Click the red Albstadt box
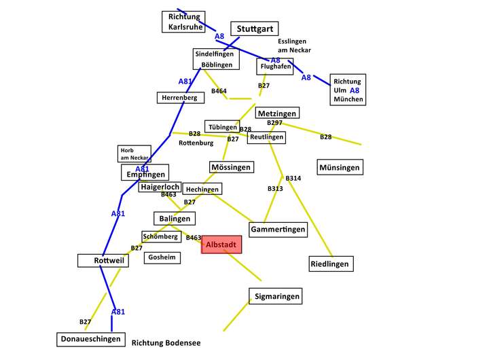pyautogui.click(x=221, y=245)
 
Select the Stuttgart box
pyautogui.click(x=255, y=29)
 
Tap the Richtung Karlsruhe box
pyautogui.click(x=183, y=22)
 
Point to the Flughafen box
pyautogui.click(x=275, y=67)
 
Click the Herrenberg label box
pyautogui.click(x=181, y=98)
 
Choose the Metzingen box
pyautogui.click(x=277, y=113)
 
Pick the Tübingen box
pyautogui.click(x=222, y=126)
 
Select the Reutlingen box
pyautogui.click(x=266, y=137)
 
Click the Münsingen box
pyautogui.click(x=340, y=167)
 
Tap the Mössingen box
pyautogui.click(x=232, y=167)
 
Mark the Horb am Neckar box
pyautogui.click(x=134, y=154)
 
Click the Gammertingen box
pyautogui.click(x=278, y=230)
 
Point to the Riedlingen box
pyautogui.click(x=331, y=264)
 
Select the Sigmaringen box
pyautogui.click(x=276, y=296)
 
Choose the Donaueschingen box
pyautogui.click(x=91, y=340)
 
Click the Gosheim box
pyautogui.click(x=162, y=257)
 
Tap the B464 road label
pyautogui.click(x=219, y=91)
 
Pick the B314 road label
pyautogui.click(x=293, y=178)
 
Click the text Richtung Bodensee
pyautogui.click(x=166, y=343)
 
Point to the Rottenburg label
pyautogui.click(x=196, y=143)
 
